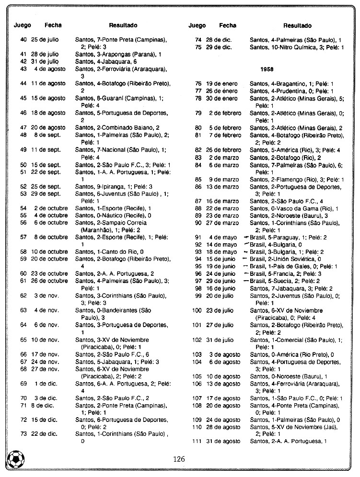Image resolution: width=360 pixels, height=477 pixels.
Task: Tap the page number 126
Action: (179, 459)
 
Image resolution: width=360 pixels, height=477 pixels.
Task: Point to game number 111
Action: (197, 441)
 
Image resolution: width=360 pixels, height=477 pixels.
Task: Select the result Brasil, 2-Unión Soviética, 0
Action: (286, 259)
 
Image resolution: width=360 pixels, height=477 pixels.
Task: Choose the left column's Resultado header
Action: (123, 25)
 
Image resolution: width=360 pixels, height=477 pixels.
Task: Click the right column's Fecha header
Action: (228, 25)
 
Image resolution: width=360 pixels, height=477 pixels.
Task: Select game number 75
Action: (198, 47)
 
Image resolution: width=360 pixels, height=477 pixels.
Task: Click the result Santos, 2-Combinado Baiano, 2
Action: (117, 127)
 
